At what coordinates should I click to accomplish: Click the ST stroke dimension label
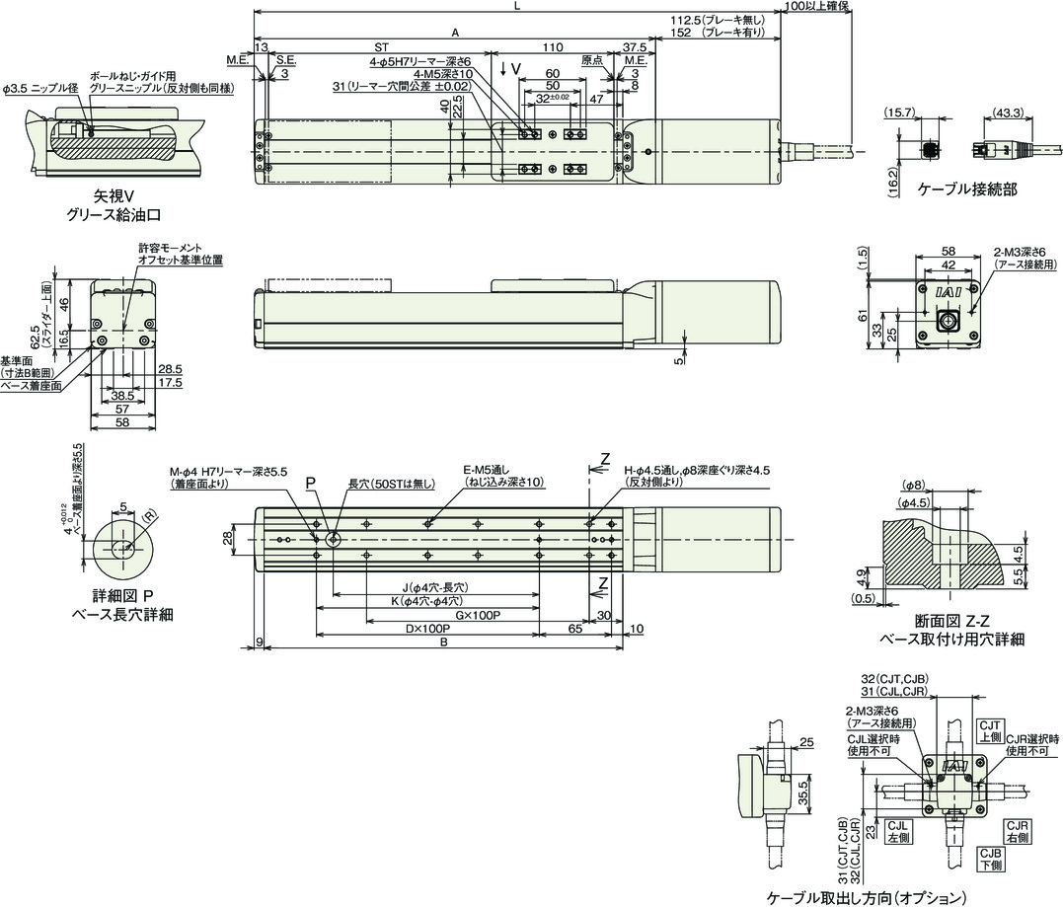point(381,46)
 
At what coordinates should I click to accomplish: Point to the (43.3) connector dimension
point(1008,113)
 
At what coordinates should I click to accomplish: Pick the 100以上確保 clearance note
point(815,6)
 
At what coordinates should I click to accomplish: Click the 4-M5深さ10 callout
point(445,74)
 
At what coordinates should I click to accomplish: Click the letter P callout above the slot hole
point(309,484)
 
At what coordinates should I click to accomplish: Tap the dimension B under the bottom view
point(444,642)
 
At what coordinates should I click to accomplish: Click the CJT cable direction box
point(989,730)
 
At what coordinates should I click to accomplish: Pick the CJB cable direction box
point(990,858)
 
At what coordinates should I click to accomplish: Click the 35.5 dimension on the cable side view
point(803,793)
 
